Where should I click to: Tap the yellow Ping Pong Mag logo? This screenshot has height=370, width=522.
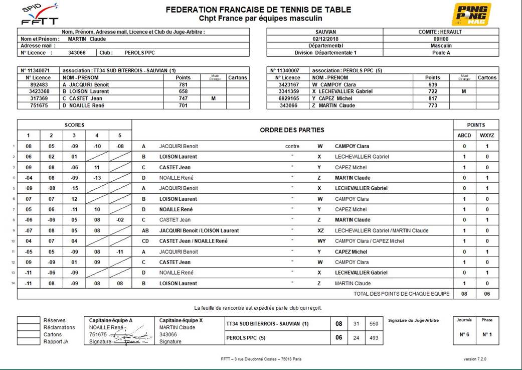tap(471, 14)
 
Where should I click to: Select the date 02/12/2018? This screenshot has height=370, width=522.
tap(324, 39)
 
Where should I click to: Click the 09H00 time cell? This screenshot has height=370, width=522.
tap(441, 39)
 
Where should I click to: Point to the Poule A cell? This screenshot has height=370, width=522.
tap(441, 53)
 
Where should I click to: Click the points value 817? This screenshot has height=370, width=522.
tap(432, 99)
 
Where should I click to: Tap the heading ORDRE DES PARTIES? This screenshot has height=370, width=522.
tap(292, 130)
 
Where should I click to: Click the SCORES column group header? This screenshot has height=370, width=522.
tap(74, 125)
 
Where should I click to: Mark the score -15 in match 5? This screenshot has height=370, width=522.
tap(74, 188)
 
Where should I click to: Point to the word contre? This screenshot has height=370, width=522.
tap(292, 146)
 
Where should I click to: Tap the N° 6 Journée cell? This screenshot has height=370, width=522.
tap(464, 334)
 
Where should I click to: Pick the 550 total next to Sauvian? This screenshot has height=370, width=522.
tap(373, 324)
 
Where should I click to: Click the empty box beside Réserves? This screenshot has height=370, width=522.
tap(28, 320)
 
